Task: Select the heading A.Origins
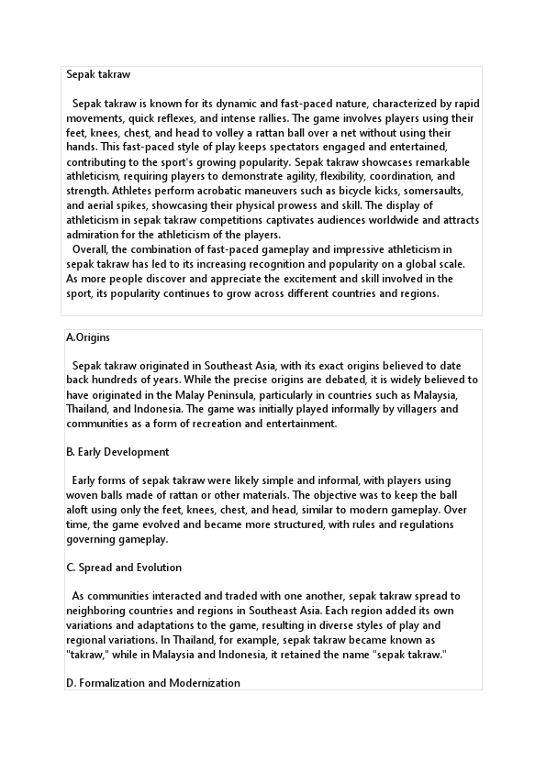coord(88,337)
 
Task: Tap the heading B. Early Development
coord(117,452)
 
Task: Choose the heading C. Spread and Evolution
coord(124,568)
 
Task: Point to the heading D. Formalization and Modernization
coord(153,683)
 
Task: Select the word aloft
coord(81,511)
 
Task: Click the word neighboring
coord(105,611)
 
